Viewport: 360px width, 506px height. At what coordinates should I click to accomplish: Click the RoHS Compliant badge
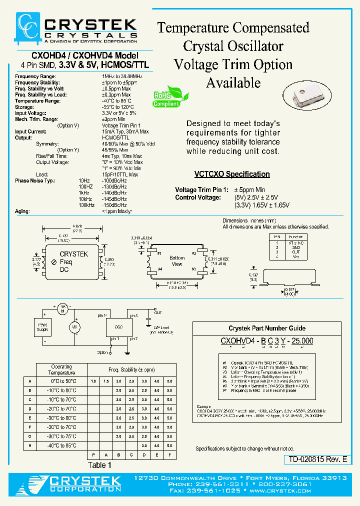coord(166,98)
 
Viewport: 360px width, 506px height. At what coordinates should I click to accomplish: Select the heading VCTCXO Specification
coord(232,174)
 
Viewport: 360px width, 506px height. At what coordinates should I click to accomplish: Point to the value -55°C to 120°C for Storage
coord(118,106)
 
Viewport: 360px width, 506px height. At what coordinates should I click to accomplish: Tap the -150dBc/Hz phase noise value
coord(114,205)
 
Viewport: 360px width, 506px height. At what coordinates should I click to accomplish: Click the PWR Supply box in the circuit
coord(43,328)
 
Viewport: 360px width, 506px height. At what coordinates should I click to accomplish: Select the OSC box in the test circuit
coord(118,326)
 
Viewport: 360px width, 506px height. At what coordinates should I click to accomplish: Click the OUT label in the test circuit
coord(158,312)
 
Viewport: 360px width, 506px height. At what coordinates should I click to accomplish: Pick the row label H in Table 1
coord(30,445)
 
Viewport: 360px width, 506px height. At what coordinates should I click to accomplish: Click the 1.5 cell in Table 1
coord(106,381)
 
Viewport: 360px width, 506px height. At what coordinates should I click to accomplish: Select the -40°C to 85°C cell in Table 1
coord(62,445)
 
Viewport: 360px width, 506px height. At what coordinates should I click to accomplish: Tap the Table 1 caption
coord(96,465)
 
